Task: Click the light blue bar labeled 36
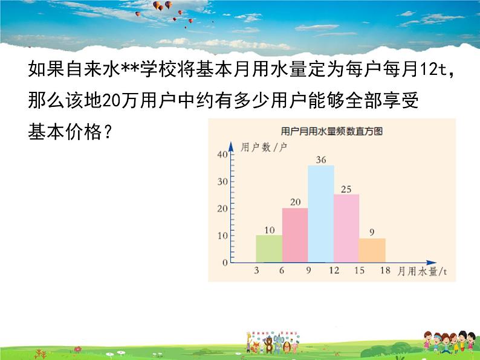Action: [x=321, y=213]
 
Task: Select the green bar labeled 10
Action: [x=269, y=248]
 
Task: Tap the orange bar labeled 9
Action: [x=372, y=250]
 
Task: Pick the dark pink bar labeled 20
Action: [x=295, y=235]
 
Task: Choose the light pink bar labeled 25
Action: [x=346, y=228]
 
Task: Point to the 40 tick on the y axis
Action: [x=222, y=155]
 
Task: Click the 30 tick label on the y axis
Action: [x=222, y=182]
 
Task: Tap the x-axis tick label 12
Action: [x=334, y=271]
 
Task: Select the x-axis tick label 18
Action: [x=385, y=271]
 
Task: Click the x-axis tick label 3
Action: [x=256, y=271]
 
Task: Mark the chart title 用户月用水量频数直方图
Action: [x=332, y=131]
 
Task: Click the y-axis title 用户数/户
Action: [x=264, y=147]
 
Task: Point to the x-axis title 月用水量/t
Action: [x=422, y=271]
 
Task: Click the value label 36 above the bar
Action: [x=321, y=159]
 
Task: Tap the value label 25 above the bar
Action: [x=346, y=189]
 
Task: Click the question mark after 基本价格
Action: [x=107, y=133]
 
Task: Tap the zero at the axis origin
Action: [x=225, y=263]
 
